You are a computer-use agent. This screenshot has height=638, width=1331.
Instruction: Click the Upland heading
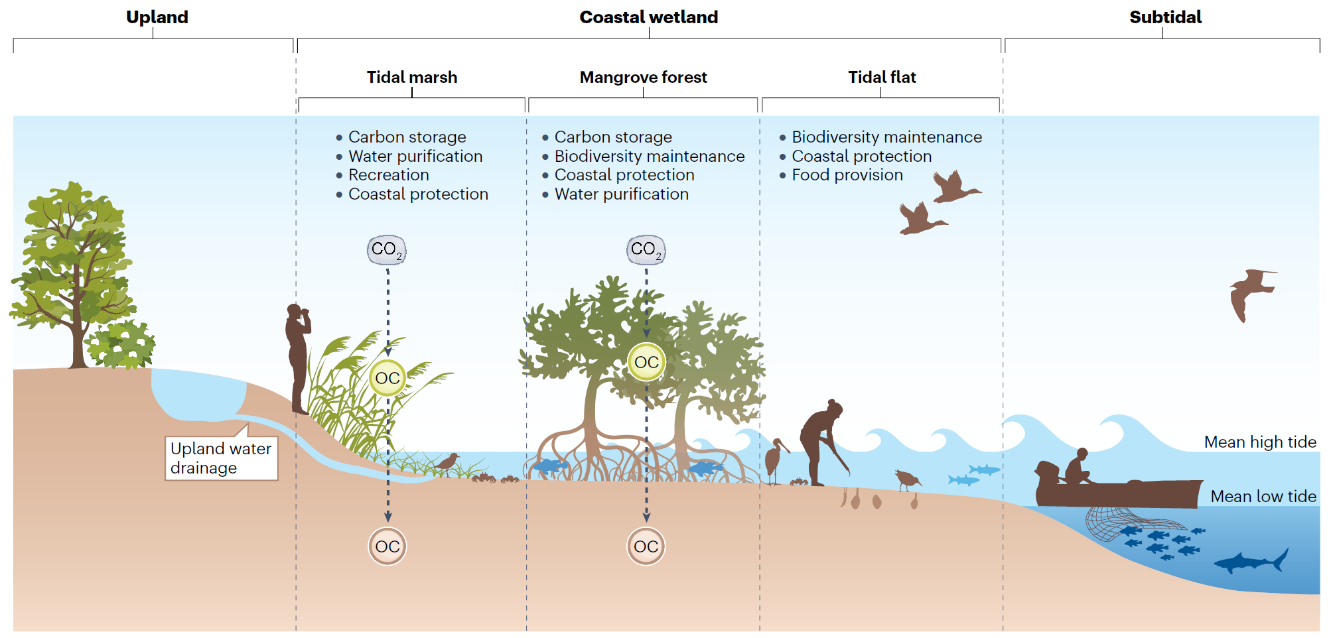157,17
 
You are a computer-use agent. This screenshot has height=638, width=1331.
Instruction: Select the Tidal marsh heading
412,78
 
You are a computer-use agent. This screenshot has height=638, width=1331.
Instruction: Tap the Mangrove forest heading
643,78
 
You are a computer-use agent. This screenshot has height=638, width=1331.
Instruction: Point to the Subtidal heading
1165,17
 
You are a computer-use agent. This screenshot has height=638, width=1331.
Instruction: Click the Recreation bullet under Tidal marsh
388,175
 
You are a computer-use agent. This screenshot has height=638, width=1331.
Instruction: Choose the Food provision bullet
847,175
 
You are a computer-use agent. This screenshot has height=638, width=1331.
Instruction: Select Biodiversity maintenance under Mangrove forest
649,157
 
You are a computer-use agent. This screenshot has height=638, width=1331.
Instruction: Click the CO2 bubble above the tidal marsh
387,250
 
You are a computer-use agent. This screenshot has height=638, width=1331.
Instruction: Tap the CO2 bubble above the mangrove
646,250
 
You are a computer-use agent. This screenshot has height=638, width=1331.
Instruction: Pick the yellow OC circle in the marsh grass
387,378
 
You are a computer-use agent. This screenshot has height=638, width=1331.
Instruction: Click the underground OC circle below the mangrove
646,546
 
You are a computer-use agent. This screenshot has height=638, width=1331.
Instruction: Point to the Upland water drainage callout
220,458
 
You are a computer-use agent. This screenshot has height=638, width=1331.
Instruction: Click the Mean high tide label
1259,442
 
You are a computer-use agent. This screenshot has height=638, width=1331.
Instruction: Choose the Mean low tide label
1263,497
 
